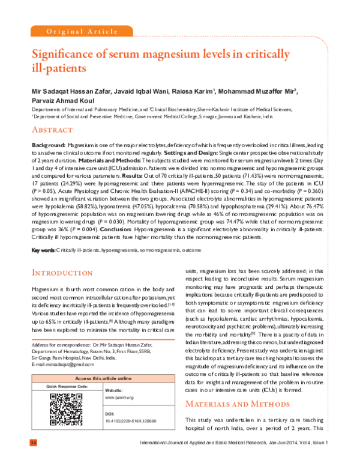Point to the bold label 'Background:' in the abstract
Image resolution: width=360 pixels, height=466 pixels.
48,146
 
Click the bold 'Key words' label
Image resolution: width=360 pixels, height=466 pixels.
43,249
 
